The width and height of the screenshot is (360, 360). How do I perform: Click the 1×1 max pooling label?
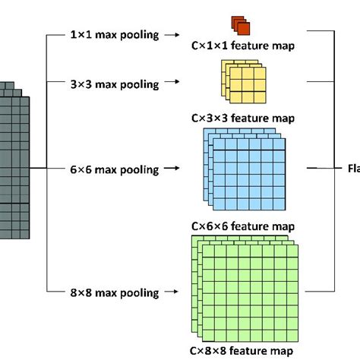(x=114, y=35)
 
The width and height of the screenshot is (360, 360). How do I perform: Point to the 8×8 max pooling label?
(x=114, y=292)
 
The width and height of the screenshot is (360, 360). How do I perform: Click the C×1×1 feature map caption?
(x=243, y=47)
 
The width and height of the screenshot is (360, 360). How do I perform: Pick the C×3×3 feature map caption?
(x=243, y=118)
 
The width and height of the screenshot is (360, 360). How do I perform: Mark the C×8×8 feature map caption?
(x=243, y=350)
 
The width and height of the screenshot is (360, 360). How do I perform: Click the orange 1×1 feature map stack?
(x=242, y=25)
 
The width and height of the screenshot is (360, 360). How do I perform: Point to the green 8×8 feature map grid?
(x=243, y=289)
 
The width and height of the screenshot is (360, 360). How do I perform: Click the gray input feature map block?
(x=15, y=167)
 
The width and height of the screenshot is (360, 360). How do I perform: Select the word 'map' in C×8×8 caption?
(x=283, y=350)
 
